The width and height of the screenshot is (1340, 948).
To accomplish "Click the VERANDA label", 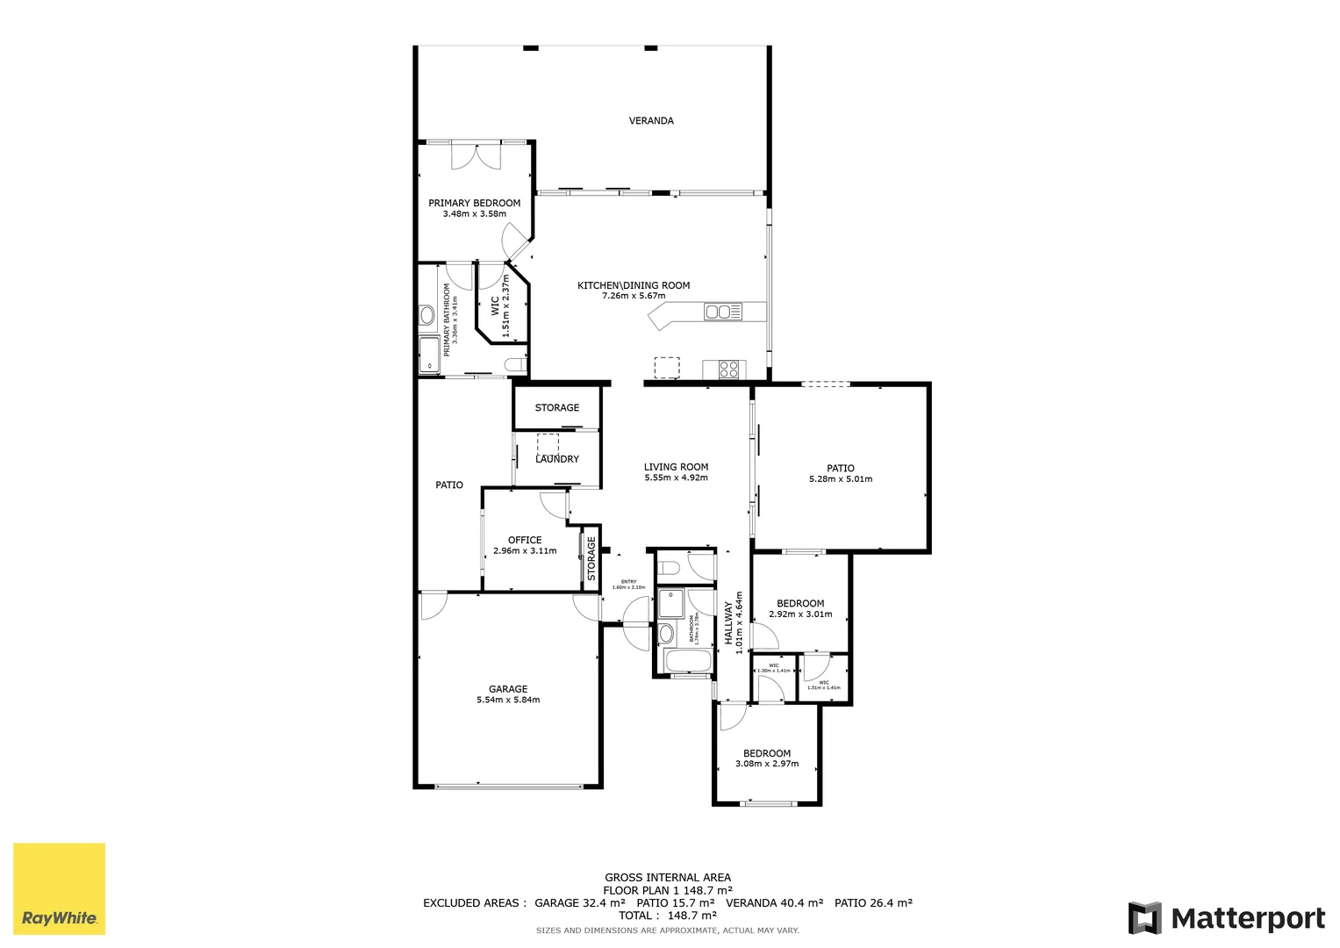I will pos(651,121).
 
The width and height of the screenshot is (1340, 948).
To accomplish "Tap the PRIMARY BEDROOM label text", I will pos(474,203).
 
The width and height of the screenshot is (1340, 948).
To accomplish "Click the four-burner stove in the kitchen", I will pos(729,370).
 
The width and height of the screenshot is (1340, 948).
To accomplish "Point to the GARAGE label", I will pos(508,689).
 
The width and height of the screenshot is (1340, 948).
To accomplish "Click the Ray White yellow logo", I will pos(59,888).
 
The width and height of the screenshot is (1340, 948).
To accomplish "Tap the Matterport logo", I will pos(1227,918).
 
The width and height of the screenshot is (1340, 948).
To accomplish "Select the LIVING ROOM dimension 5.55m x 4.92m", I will pos(676,478).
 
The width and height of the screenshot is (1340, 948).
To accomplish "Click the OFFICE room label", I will pos(525,540).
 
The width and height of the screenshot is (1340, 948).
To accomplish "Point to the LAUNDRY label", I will pos(557,459).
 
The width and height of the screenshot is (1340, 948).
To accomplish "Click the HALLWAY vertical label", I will pos(728,622).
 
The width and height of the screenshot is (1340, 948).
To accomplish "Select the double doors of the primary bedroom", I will pos(475,156).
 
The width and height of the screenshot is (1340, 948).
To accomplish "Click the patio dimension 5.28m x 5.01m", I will pos(840,479).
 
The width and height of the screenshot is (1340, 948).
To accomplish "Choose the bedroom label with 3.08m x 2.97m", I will pos(767,753).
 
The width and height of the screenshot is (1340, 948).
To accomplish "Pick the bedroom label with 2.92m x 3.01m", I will pos(800,603).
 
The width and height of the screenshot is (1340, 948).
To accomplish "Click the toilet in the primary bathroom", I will pos(514,365).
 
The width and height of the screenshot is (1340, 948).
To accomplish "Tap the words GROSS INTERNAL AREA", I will pos(667,877).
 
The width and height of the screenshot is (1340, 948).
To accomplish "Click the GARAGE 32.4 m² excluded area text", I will pos(579,902).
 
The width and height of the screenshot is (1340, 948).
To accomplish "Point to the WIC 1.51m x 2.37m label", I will pos(500,305).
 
